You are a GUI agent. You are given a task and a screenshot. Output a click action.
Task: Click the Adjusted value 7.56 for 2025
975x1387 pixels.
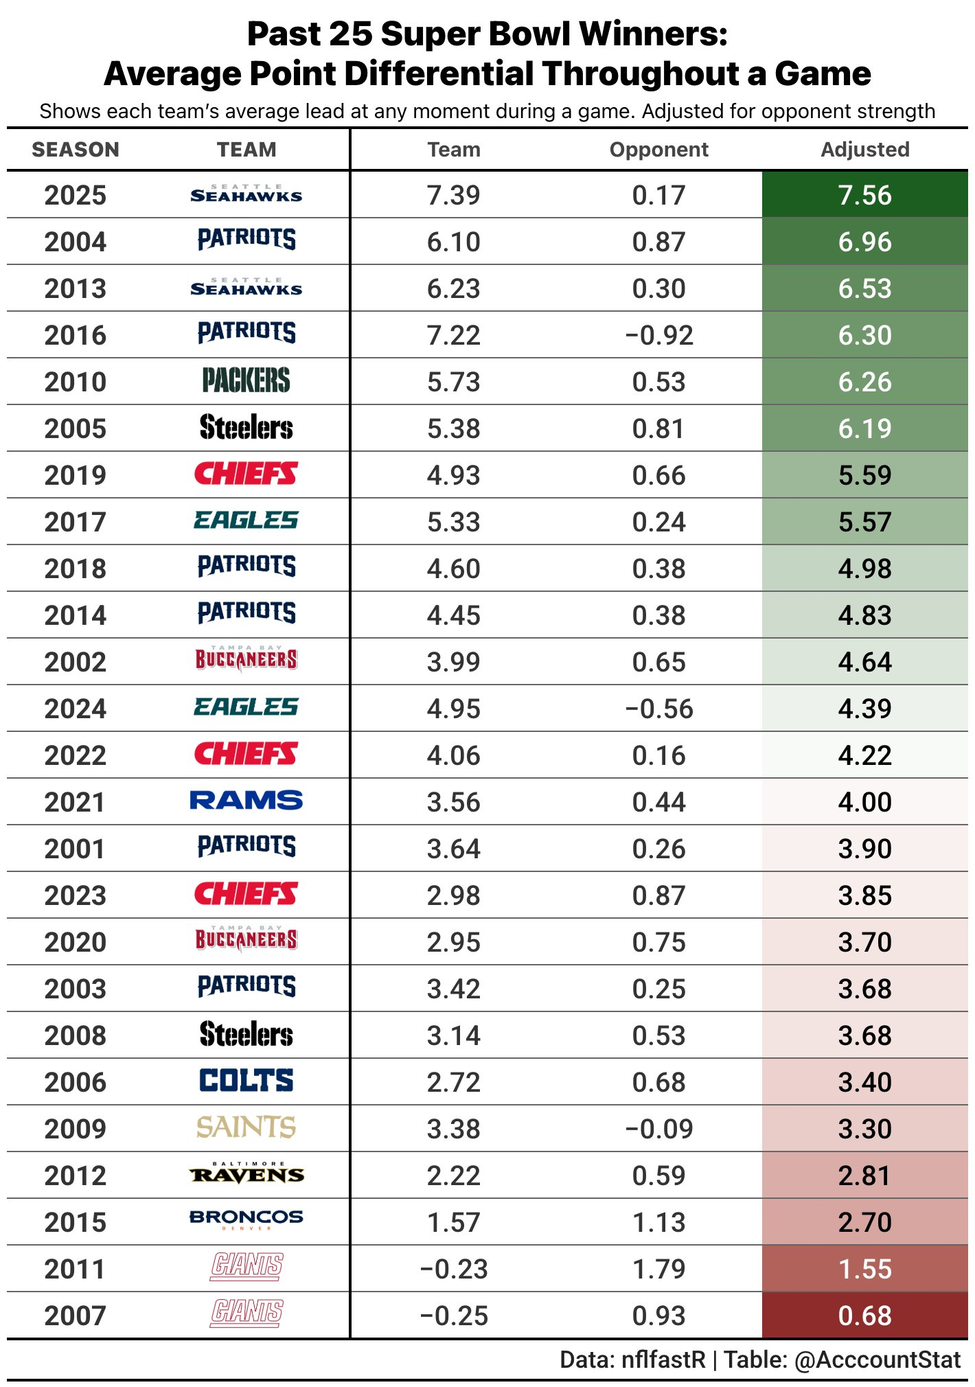(x=864, y=195)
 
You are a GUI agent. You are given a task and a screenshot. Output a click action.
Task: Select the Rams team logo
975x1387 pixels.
(x=246, y=801)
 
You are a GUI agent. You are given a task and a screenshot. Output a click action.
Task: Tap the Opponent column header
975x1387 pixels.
(x=658, y=150)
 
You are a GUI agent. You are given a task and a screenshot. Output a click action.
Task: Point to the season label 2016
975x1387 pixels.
(x=76, y=335)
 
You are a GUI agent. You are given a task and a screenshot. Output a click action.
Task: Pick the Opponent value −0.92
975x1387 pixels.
(x=658, y=335)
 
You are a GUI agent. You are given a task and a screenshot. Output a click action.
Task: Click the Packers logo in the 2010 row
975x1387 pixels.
(x=246, y=380)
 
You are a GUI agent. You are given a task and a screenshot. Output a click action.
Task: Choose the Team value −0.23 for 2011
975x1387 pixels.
(x=453, y=1269)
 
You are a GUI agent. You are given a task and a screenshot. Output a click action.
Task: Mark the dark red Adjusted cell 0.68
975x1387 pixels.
(x=864, y=1316)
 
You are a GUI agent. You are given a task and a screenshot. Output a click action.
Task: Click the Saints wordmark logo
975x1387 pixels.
(x=246, y=1127)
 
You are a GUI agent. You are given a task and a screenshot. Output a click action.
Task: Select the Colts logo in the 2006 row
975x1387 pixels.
(x=246, y=1081)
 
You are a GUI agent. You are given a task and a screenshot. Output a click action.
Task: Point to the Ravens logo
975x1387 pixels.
(x=246, y=1174)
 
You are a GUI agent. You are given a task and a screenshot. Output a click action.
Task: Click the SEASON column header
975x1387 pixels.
(x=76, y=150)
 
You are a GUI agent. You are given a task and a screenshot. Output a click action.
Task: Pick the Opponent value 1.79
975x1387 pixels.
(x=658, y=1269)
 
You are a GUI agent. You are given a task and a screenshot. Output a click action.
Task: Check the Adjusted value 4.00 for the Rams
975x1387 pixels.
(x=864, y=802)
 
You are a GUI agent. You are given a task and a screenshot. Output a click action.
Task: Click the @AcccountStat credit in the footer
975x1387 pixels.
(x=877, y=1360)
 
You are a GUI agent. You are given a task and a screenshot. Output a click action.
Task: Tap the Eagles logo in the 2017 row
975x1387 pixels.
(x=246, y=520)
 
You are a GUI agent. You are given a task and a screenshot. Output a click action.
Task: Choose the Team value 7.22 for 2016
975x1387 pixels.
(x=453, y=335)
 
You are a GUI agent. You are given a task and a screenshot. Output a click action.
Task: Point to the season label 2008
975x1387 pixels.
(x=76, y=1035)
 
